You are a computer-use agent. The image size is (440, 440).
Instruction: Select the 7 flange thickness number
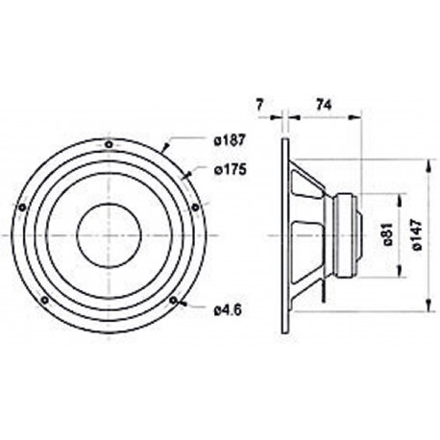tap(260, 102)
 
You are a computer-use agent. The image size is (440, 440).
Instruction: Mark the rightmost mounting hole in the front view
tap(197, 204)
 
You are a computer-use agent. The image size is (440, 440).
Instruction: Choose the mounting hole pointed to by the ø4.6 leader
tap(173, 300)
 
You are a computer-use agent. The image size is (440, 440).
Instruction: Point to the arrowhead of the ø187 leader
tap(164, 150)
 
